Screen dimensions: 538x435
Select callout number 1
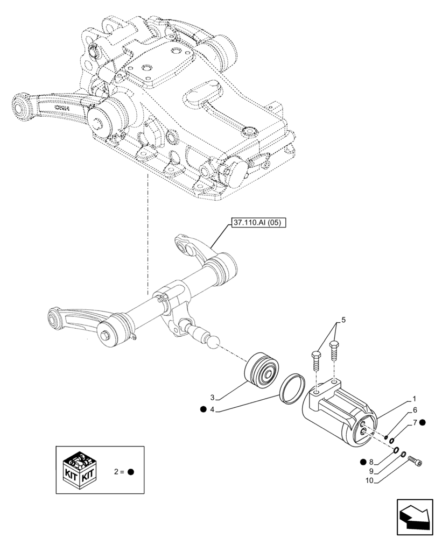pos(413,400)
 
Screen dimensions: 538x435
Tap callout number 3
pos(213,398)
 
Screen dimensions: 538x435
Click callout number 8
pos(371,461)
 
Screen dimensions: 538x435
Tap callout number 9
pos(371,471)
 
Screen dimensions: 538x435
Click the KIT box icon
pos(80,470)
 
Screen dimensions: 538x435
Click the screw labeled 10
pos(416,461)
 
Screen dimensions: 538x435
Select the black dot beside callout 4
pos(202,409)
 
